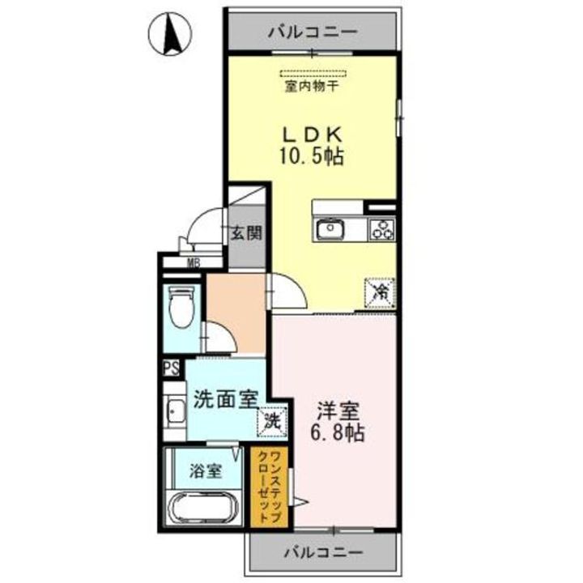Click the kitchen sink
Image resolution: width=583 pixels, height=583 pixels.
(330, 230)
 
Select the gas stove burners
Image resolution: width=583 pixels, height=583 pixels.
(381, 230)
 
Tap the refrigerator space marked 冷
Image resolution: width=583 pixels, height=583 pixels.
(378, 292)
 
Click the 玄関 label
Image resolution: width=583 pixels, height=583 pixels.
(246, 234)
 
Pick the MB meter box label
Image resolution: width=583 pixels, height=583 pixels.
(194, 262)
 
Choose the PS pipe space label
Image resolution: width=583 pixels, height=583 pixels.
(172, 368)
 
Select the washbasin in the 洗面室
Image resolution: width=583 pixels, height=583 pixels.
(173, 415)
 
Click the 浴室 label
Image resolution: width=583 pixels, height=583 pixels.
(206, 470)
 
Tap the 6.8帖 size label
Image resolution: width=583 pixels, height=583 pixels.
(336, 433)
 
